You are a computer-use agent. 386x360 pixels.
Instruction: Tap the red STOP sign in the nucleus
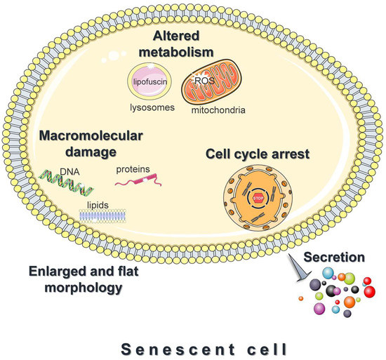click(255, 199)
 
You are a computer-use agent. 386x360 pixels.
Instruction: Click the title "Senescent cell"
click(194, 346)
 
